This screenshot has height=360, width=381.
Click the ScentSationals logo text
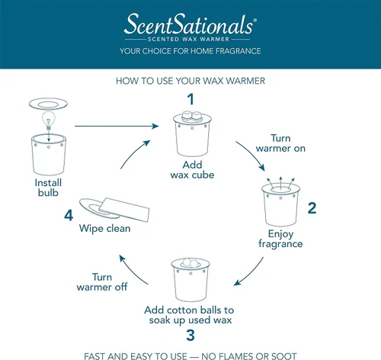(190, 24)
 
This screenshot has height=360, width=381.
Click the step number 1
(190, 99)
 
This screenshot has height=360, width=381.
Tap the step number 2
(312, 208)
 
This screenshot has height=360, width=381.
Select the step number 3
(190, 335)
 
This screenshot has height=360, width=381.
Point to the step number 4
(69, 216)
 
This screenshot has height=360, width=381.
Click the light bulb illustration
(49, 121)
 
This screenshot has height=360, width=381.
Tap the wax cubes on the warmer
(192, 116)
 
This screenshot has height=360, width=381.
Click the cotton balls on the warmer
(190, 263)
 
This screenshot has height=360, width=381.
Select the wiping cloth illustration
(124, 210)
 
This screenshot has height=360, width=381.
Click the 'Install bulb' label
(48, 188)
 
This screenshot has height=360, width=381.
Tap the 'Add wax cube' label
(192, 170)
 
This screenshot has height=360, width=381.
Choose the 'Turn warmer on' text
(280, 143)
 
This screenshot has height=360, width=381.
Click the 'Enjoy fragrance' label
(280, 239)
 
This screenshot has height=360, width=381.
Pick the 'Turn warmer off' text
(102, 282)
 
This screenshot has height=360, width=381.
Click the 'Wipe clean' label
(104, 228)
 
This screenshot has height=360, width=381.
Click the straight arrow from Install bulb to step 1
(117, 126)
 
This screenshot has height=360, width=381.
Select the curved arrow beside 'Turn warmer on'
(252, 153)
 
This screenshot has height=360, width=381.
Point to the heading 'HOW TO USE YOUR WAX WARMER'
(190, 81)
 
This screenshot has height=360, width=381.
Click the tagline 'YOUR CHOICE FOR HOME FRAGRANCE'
(190, 51)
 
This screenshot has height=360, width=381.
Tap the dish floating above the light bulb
(48, 104)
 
